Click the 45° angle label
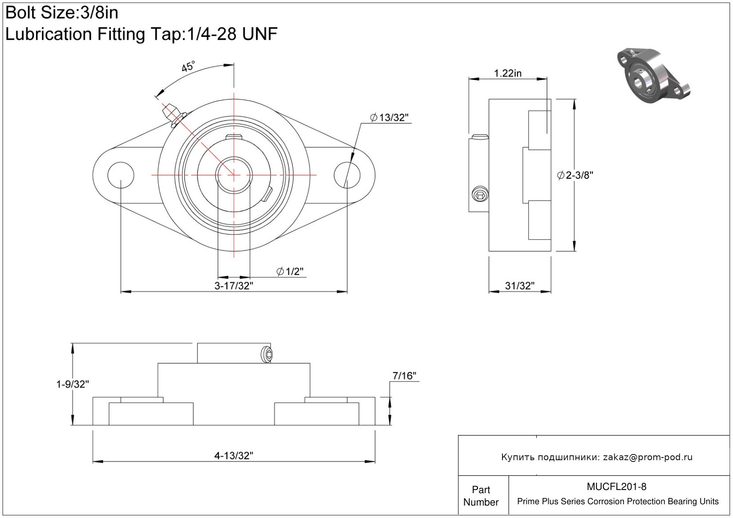point(188,67)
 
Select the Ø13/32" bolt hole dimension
point(389,117)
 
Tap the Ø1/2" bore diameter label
point(290,271)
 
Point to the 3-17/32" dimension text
point(234,285)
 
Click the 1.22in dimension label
point(507,73)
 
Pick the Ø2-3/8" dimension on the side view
point(575,175)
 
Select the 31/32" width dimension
point(519,285)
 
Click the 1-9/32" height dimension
point(73,384)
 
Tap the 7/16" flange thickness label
point(404,376)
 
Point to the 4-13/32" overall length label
point(234,455)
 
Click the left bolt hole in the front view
point(121,175)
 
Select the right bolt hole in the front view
point(347,175)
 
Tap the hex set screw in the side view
point(480,194)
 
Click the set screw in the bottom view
point(267,354)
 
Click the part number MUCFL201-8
point(616,486)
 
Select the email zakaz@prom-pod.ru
point(648,457)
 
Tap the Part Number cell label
point(481,496)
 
